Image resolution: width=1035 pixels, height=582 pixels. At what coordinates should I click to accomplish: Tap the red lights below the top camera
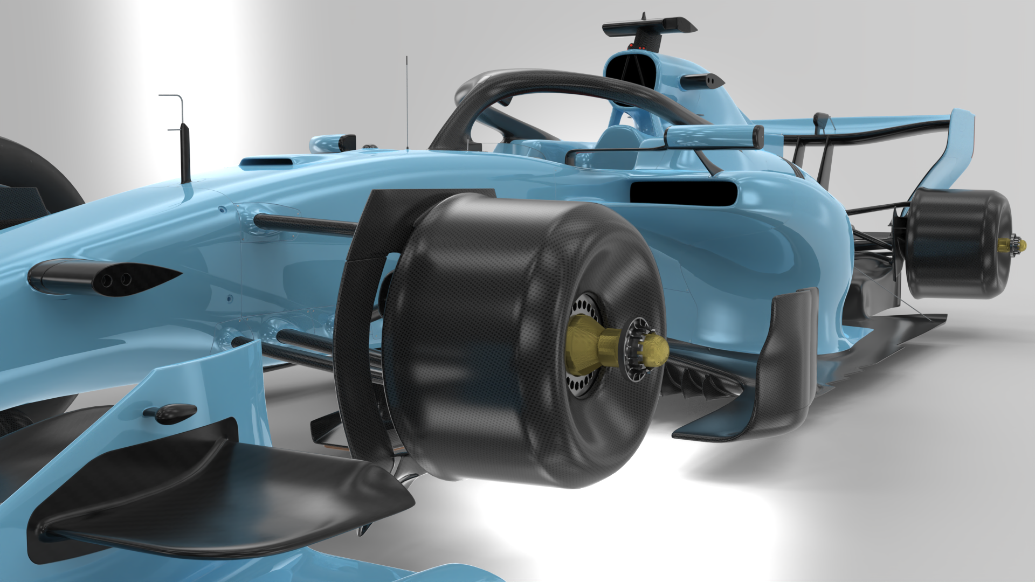pyautogui.click(x=637, y=47)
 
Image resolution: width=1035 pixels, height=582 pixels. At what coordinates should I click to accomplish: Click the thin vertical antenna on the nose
pyautogui.click(x=407, y=102)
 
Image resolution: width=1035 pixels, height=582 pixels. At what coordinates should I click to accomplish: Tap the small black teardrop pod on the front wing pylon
pyautogui.click(x=170, y=412)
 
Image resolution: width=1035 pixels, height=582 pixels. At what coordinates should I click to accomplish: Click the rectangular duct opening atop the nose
pyautogui.click(x=270, y=160)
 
